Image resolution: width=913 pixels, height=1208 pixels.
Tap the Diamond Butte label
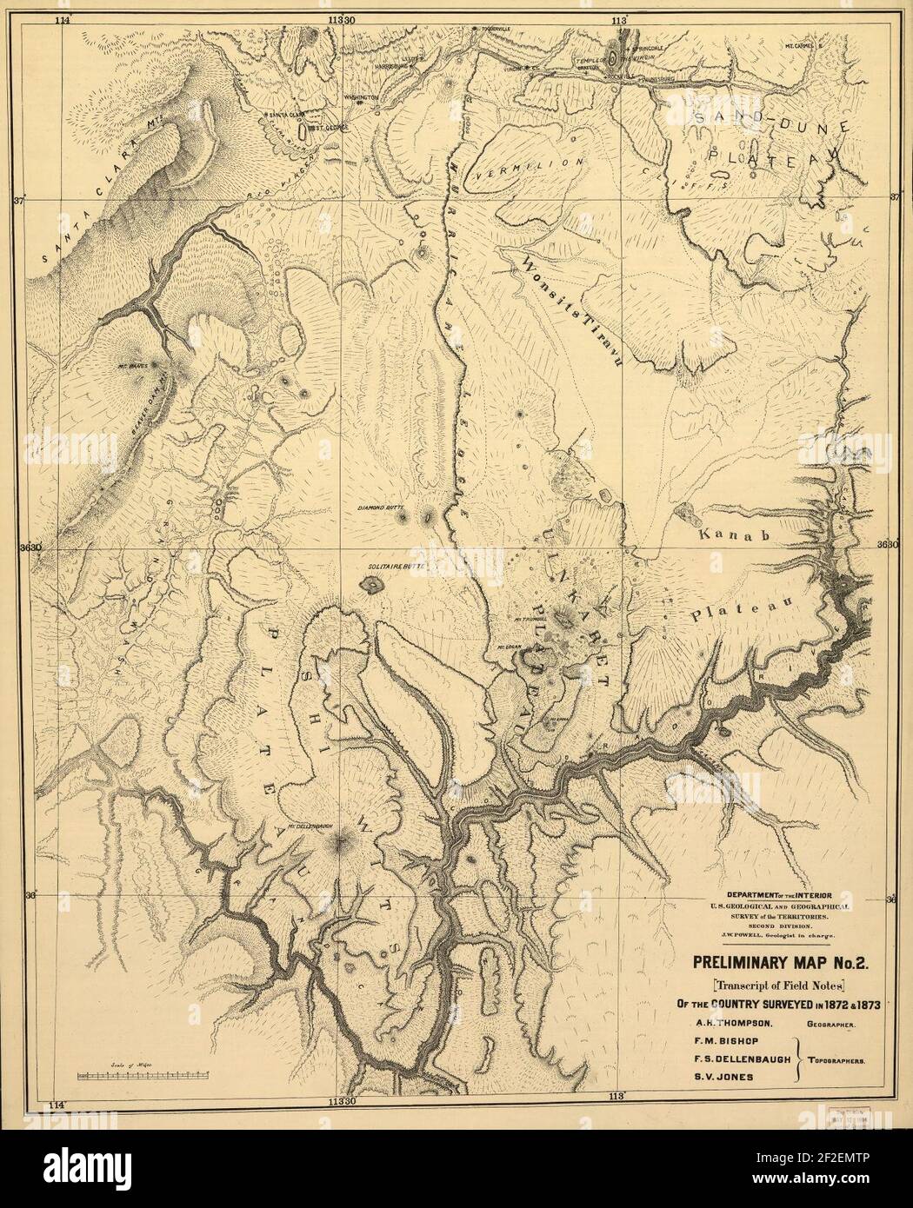tap(379, 506)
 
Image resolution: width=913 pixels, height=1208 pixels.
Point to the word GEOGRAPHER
tap(830, 1025)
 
